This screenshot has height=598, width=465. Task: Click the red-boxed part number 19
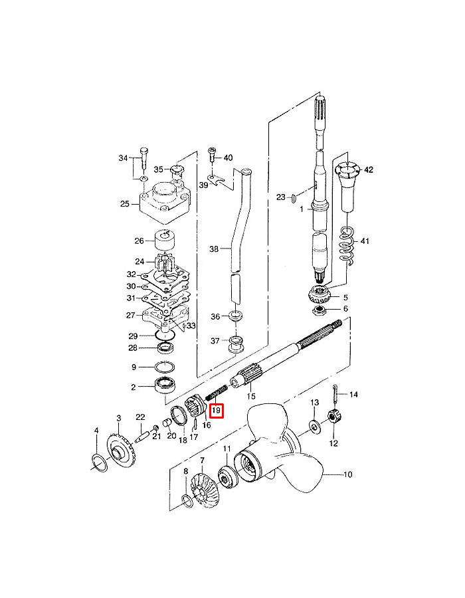tap(217, 411)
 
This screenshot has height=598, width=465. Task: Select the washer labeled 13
tap(315, 426)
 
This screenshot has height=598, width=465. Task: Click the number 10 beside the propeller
tap(347, 475)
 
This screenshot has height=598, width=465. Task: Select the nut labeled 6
tap(319, 309)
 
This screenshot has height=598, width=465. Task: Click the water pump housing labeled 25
tap(165, 205)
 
